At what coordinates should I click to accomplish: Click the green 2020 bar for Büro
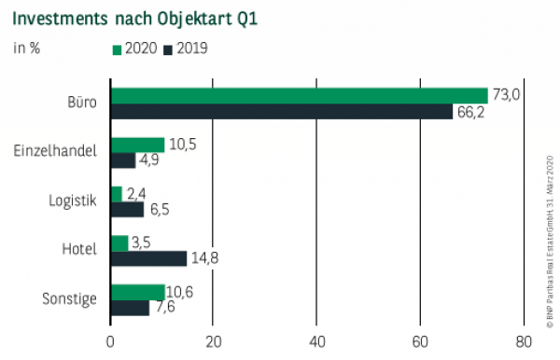coord(299,95)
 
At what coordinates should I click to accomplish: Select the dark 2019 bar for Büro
coord(281,111)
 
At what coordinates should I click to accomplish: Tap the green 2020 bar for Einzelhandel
coord(137,145)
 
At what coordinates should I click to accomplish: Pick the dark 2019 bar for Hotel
coord(148,258)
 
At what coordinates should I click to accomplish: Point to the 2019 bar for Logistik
coord(127,209)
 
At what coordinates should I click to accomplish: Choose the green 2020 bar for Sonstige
coord(137,292)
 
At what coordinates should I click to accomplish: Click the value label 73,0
coord(506,94)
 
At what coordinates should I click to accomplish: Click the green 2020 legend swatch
coord(117,48)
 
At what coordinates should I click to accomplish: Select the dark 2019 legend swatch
coord(169,48)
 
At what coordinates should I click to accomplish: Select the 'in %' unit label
coord(25,48)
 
